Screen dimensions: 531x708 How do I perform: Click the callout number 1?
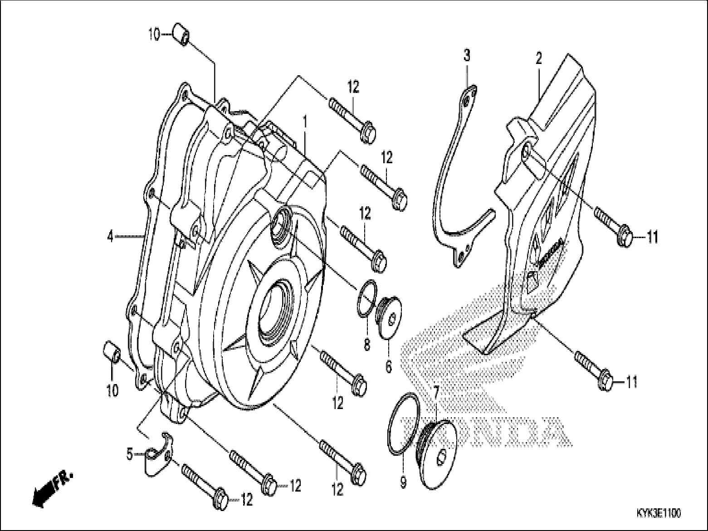[305, 122]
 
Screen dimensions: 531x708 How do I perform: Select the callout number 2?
[538, 59]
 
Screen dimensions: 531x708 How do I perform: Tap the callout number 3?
[467, 56]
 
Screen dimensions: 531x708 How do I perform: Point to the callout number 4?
[110, 236]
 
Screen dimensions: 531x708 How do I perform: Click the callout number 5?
[129, 453]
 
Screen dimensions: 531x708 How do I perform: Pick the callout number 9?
[403, 483]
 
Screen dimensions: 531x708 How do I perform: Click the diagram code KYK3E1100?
[658, 513]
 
